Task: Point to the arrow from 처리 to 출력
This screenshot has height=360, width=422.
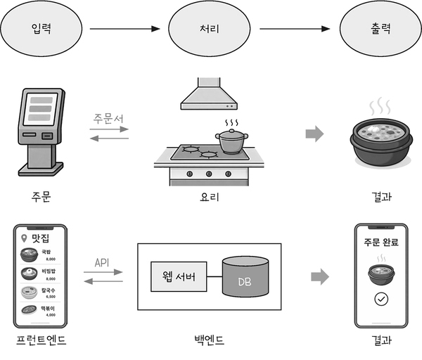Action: pyautogui.click(x=295, y=30)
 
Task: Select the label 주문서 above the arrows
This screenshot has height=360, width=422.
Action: pyautogui.click(x=109, y=119)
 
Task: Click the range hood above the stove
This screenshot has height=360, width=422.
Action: pyautogui.click(x=209, y=95)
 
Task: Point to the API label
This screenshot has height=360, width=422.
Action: pyautogui.click(x=103, y=262)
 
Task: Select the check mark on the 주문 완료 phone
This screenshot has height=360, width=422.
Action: pyautogui.click(x=381, y=300)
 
